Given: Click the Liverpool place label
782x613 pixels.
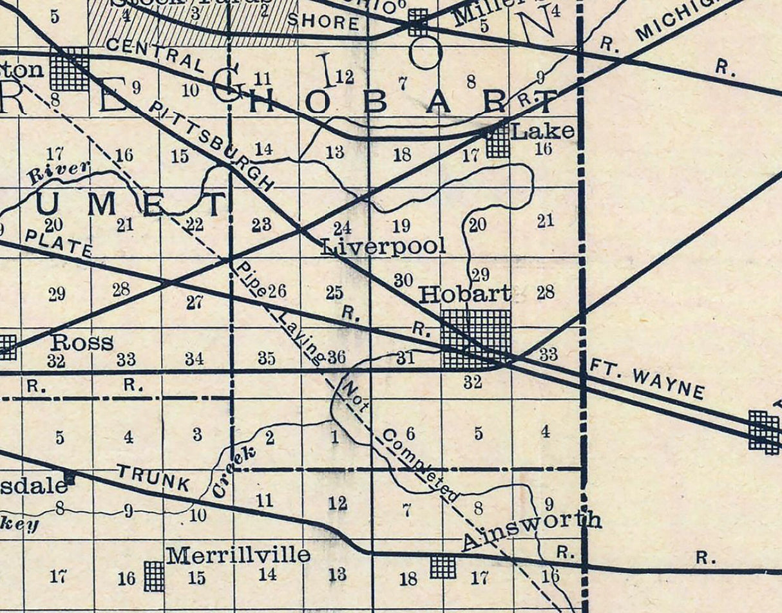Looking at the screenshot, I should (x=383, y=246).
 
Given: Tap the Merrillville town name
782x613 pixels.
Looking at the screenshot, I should (x=238, y=555).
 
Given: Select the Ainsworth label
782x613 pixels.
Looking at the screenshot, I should (x=531, y=531).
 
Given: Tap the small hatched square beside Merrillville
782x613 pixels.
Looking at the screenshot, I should (x=153, y=575).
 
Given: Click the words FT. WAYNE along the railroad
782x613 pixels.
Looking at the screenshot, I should (x=647, y=381).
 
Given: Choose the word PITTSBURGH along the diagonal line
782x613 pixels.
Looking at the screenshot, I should (x=211, y=146).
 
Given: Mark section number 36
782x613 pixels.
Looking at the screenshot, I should (x=336, y=357).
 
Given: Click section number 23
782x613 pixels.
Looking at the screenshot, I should (x=262, y=225).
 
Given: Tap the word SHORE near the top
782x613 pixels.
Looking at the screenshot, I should (x=323, y=23).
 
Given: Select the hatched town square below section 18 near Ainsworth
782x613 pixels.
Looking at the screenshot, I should (x=443, y=567).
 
